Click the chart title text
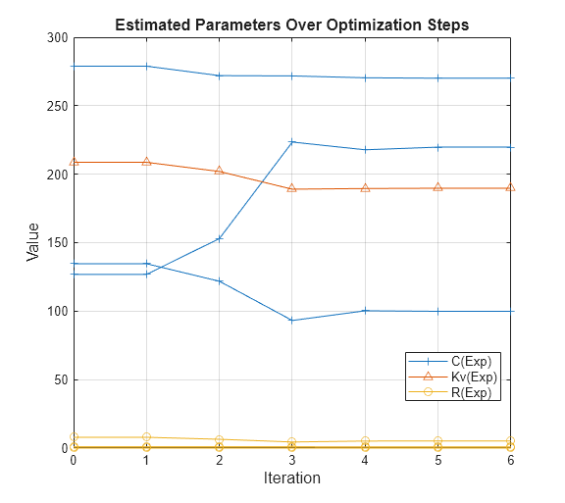291,25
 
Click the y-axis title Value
33,242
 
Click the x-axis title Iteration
291,478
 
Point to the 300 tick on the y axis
58,37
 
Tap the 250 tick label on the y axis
58,106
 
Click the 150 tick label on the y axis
58,242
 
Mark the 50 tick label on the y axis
61,379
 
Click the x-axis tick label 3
291,461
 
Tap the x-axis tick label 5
437,461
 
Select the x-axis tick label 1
146,461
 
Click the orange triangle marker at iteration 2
219,171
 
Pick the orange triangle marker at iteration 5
437,187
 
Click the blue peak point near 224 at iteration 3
291,142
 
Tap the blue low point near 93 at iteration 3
291,321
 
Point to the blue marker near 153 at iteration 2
219,238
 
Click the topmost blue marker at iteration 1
146,66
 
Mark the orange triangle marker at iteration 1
146,162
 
